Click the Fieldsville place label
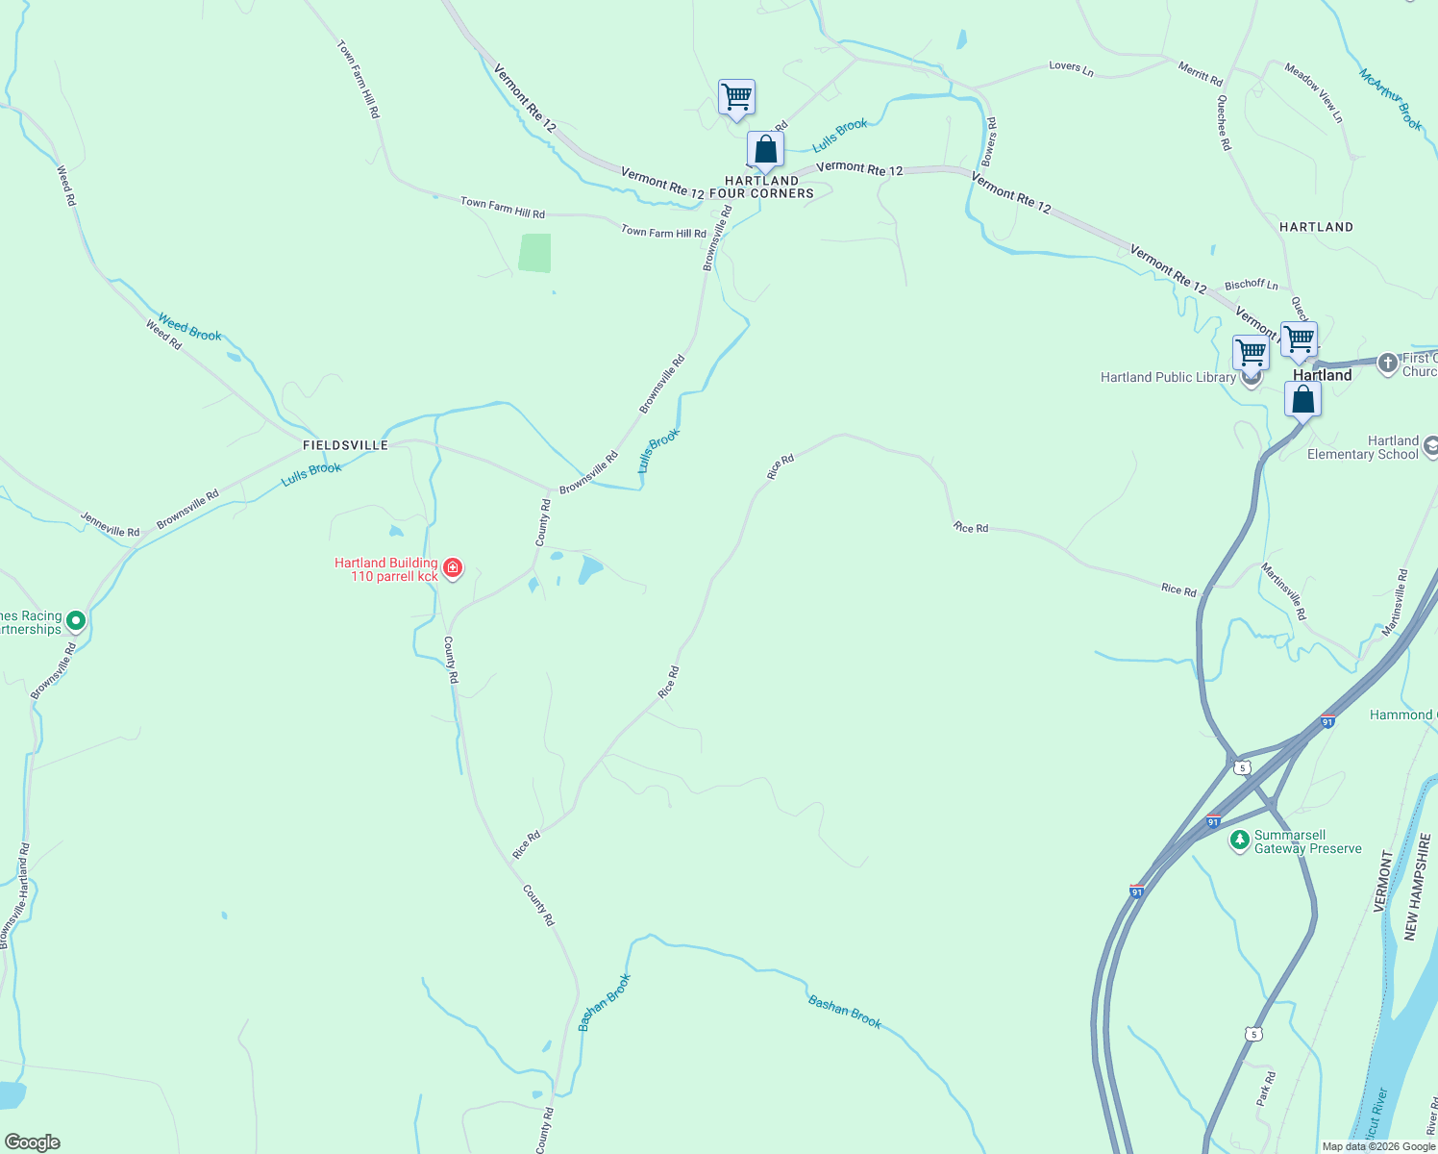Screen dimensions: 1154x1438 (x=345, y=445)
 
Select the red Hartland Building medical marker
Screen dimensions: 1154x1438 (x=453, y=568)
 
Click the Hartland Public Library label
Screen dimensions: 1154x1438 (x=1168, y=378)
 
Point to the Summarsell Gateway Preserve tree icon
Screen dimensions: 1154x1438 (x=1240, y=841)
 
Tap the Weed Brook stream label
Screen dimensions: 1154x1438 (x=189, y=328)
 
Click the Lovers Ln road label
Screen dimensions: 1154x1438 (x=1071, y=68)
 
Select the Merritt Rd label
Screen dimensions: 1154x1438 (x=1201, y=73)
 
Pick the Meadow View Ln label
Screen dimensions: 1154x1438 (x=1314, y=92)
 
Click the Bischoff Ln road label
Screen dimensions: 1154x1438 (x=1252, y=285)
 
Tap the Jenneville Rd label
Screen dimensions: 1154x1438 (x=110, y=524)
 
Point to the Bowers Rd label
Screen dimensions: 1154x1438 (x=991, y=142)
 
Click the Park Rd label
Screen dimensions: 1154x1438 (x=1266, y=1089)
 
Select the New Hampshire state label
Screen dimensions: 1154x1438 (x=1412, y=887)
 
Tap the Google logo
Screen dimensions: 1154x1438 (x=32, y=1142)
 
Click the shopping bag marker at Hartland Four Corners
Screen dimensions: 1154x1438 (x=765, y=151)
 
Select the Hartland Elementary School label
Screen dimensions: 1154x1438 (x=1376, y=447)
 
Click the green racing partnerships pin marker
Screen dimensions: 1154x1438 (x=76, y=621)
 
